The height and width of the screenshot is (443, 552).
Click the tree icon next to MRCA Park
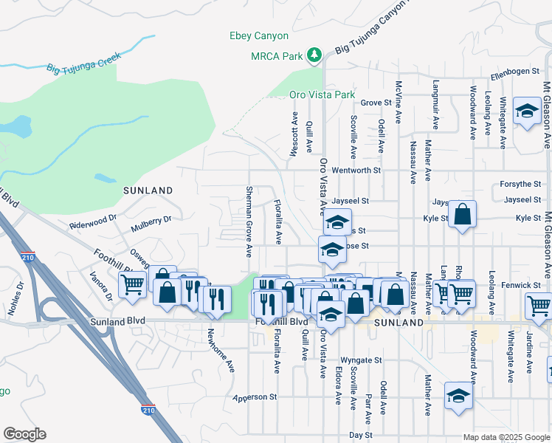315,55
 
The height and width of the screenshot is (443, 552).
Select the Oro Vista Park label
322,95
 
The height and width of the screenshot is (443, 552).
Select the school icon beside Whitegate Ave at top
527,111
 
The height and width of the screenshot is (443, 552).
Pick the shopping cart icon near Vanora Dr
134,284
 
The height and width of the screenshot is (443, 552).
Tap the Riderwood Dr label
93,219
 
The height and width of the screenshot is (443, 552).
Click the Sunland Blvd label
117,322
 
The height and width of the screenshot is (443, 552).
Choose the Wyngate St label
361,360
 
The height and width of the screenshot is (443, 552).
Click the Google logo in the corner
24,434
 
